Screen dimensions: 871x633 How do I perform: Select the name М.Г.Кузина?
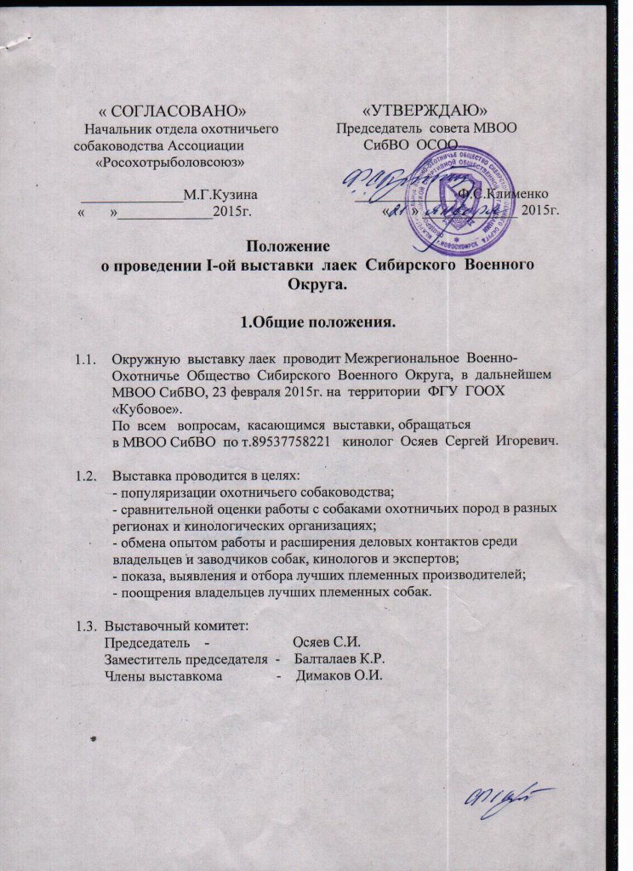tap(221, 196)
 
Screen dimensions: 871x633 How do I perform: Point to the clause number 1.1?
tap(88, 361)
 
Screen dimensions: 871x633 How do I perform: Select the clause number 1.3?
tap(87, 626)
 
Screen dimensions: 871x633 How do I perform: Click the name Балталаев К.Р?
tap(342, 659)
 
